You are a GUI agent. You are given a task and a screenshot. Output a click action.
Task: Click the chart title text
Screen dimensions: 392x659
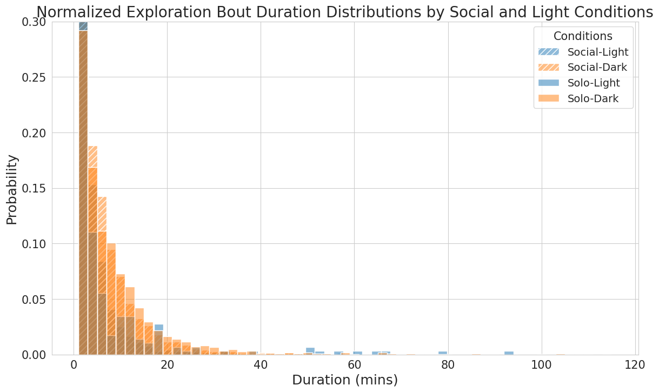[x=344, y=12]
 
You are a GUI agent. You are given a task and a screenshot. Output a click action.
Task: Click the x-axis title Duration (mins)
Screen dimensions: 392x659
[x=345, y=380]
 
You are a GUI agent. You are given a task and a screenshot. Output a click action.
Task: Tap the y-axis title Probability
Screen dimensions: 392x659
[x=12, y=189]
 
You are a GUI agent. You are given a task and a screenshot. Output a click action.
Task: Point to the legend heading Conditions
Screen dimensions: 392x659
[x=583, y=36]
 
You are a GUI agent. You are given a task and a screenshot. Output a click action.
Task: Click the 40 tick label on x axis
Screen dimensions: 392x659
[x=261, y=365]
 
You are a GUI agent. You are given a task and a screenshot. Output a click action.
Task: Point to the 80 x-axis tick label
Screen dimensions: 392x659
[x=448, y=365]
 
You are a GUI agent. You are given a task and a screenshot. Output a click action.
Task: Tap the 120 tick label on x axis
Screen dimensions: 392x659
[x=635, y=365]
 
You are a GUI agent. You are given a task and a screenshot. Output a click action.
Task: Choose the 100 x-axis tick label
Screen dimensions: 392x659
[x=541, y=365]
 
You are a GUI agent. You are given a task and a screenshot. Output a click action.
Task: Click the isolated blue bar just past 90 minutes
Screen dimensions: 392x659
[x=509, y=353]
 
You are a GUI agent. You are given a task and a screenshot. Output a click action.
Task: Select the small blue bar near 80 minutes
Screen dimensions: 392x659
[x=443, y=353]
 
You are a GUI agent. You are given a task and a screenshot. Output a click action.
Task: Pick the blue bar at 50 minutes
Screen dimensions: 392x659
[x=310, y=351]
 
